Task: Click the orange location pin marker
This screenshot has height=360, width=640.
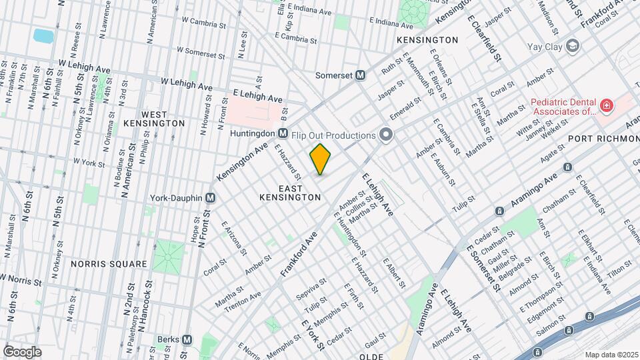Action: click(x=321, y=159)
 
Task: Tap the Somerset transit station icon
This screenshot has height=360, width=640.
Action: click(x=361, y=75)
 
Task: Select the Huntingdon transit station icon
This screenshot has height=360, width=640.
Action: click(x=283, y=133)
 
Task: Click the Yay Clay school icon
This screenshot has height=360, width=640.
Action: click(x=572, y=47)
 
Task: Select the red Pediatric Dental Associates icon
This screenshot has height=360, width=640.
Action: click(x=606, y=105)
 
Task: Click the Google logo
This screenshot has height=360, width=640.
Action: click(x=22, y=351)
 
